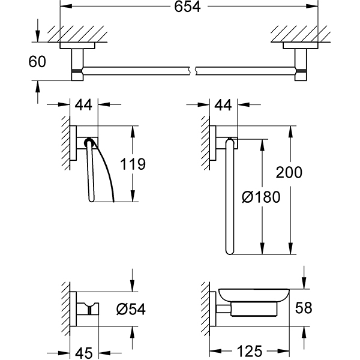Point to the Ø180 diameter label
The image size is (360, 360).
pos(260,196)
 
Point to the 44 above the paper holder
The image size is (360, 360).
pos(84,106)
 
